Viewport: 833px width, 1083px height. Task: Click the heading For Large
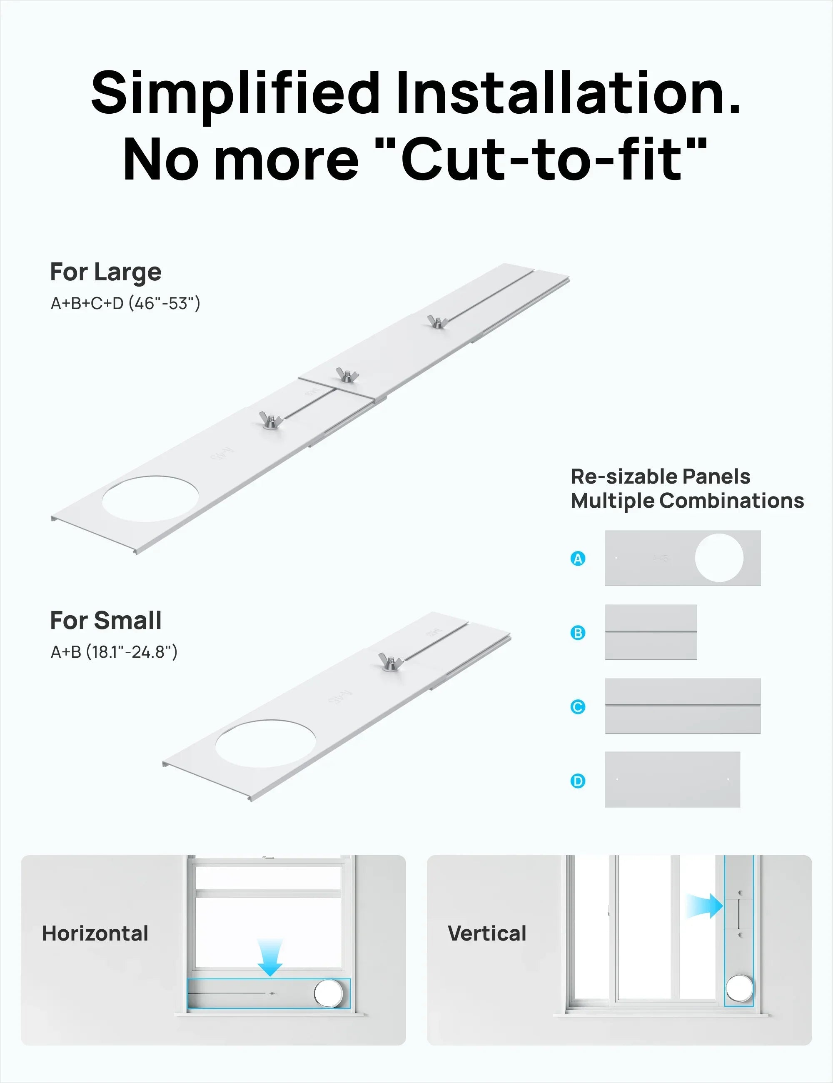click(x=106, y=272)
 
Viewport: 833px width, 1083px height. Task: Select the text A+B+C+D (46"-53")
click(x=125, y=303)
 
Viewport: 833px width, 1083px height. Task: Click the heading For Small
click(x=106, y=620)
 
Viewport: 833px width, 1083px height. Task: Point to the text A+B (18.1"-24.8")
click(x=114, y=651)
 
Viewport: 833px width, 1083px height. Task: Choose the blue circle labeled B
click(x=578, y=633)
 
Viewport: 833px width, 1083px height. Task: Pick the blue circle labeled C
click(x=578, y=706)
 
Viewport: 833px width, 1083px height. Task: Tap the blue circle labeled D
click(x=578, y=781)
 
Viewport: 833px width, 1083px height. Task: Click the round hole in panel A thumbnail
click(x=719, y=558)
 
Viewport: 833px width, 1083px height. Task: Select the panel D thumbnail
click(x=672, y=779)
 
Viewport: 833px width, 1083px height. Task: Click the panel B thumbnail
click(x=651, y=632)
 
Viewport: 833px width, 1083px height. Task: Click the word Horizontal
click(x=95, y=933)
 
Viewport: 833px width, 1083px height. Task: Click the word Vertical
click(x=487, y=933)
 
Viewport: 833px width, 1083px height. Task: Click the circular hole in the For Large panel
click(x=150, y=498)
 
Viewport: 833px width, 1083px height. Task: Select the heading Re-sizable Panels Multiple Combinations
click(x=687, y=489)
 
